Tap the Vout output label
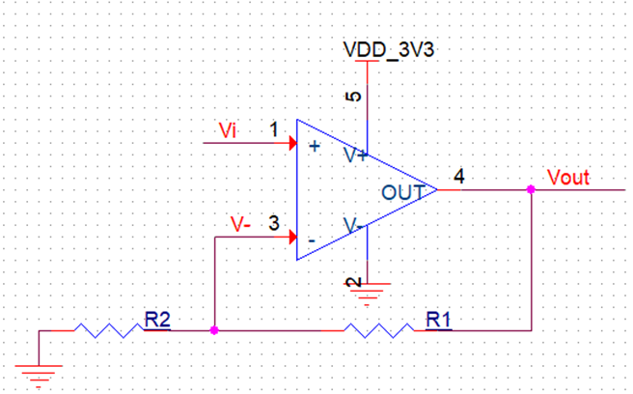[567, 177]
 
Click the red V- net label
[241, 223]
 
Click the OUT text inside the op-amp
[402, 192]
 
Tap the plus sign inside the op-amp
[315, 147]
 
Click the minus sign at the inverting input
[312, 238]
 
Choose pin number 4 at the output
[458, 177]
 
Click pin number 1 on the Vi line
[274, 128]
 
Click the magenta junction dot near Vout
[531, 190]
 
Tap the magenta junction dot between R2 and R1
[213, 330]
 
